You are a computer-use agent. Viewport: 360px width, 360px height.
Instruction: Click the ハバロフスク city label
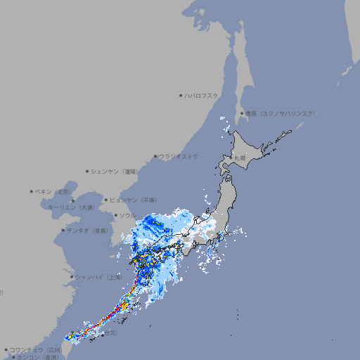coord(201,95)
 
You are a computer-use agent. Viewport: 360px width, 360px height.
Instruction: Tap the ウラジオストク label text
coord(179,156)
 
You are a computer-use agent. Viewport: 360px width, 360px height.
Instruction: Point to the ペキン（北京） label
coord(53,191)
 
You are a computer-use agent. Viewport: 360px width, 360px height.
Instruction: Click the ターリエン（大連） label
coord(71,207)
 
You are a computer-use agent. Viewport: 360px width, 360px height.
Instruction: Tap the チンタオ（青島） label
coord(87,230)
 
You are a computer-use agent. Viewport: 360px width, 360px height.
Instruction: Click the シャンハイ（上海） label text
coord(98,277)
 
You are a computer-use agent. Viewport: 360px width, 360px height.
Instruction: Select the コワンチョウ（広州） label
coord(36,349)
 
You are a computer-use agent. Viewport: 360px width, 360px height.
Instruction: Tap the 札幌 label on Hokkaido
coord(240,157)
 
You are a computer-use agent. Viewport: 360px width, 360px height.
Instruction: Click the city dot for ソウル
coord(115,215)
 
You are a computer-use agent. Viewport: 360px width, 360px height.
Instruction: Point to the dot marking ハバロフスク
coord(181,95)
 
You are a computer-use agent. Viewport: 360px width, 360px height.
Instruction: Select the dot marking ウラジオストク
coord(155,156)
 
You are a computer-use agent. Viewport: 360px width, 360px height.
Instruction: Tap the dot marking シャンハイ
coord(72,277)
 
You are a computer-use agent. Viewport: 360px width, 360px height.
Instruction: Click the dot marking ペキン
coord(32,191)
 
